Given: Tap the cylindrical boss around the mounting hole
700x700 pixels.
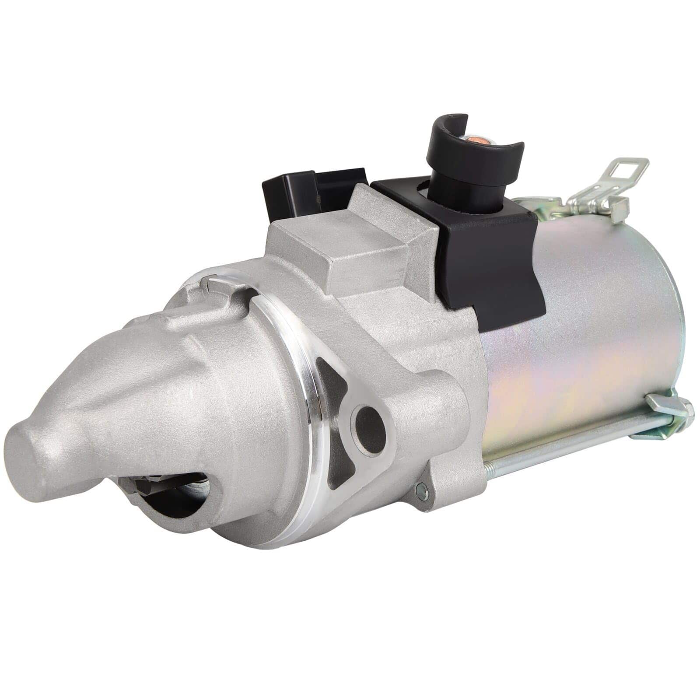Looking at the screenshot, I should (x=385, y=420).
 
